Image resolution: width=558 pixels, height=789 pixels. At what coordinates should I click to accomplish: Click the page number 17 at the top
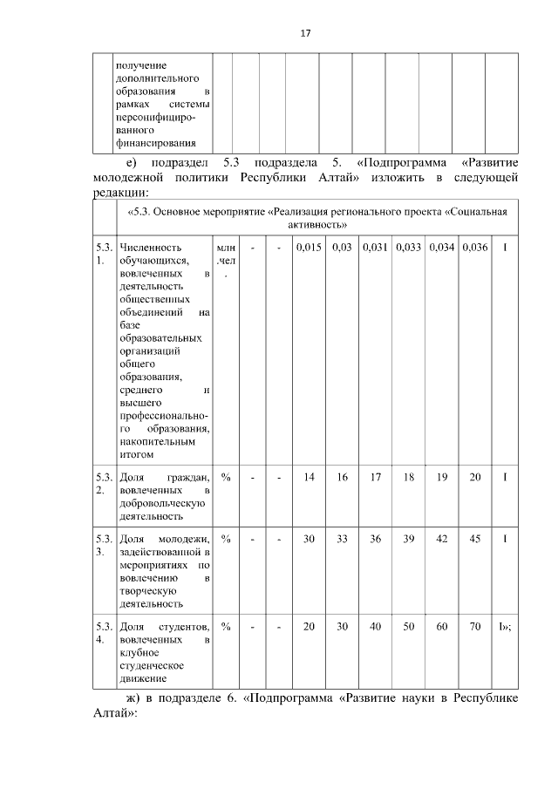click(x=305, y=33)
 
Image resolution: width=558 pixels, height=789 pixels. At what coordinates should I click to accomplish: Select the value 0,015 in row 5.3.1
click(x=309, y=248)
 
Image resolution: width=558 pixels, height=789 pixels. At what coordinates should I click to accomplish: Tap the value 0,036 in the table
click(x=475, y=248)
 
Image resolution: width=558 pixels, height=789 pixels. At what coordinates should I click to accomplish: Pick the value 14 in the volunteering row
click(x=309, y=477)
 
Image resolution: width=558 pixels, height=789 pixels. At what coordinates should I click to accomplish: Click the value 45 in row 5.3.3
click(x=475, y=539)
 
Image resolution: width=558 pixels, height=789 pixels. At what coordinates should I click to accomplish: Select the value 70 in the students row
click(x=475, y=626)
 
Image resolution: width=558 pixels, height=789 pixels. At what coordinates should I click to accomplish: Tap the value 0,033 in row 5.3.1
click(x=409, y=248)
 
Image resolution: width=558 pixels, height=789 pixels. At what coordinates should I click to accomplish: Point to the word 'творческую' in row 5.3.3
click(x=146, y=589)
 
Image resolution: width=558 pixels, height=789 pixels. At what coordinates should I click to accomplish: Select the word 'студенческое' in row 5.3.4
click(x=151, y=664)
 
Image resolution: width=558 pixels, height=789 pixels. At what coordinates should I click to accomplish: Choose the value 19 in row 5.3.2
click(x=442, y=477)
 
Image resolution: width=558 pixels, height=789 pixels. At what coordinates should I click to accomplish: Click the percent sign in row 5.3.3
click(x=226, y=539)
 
